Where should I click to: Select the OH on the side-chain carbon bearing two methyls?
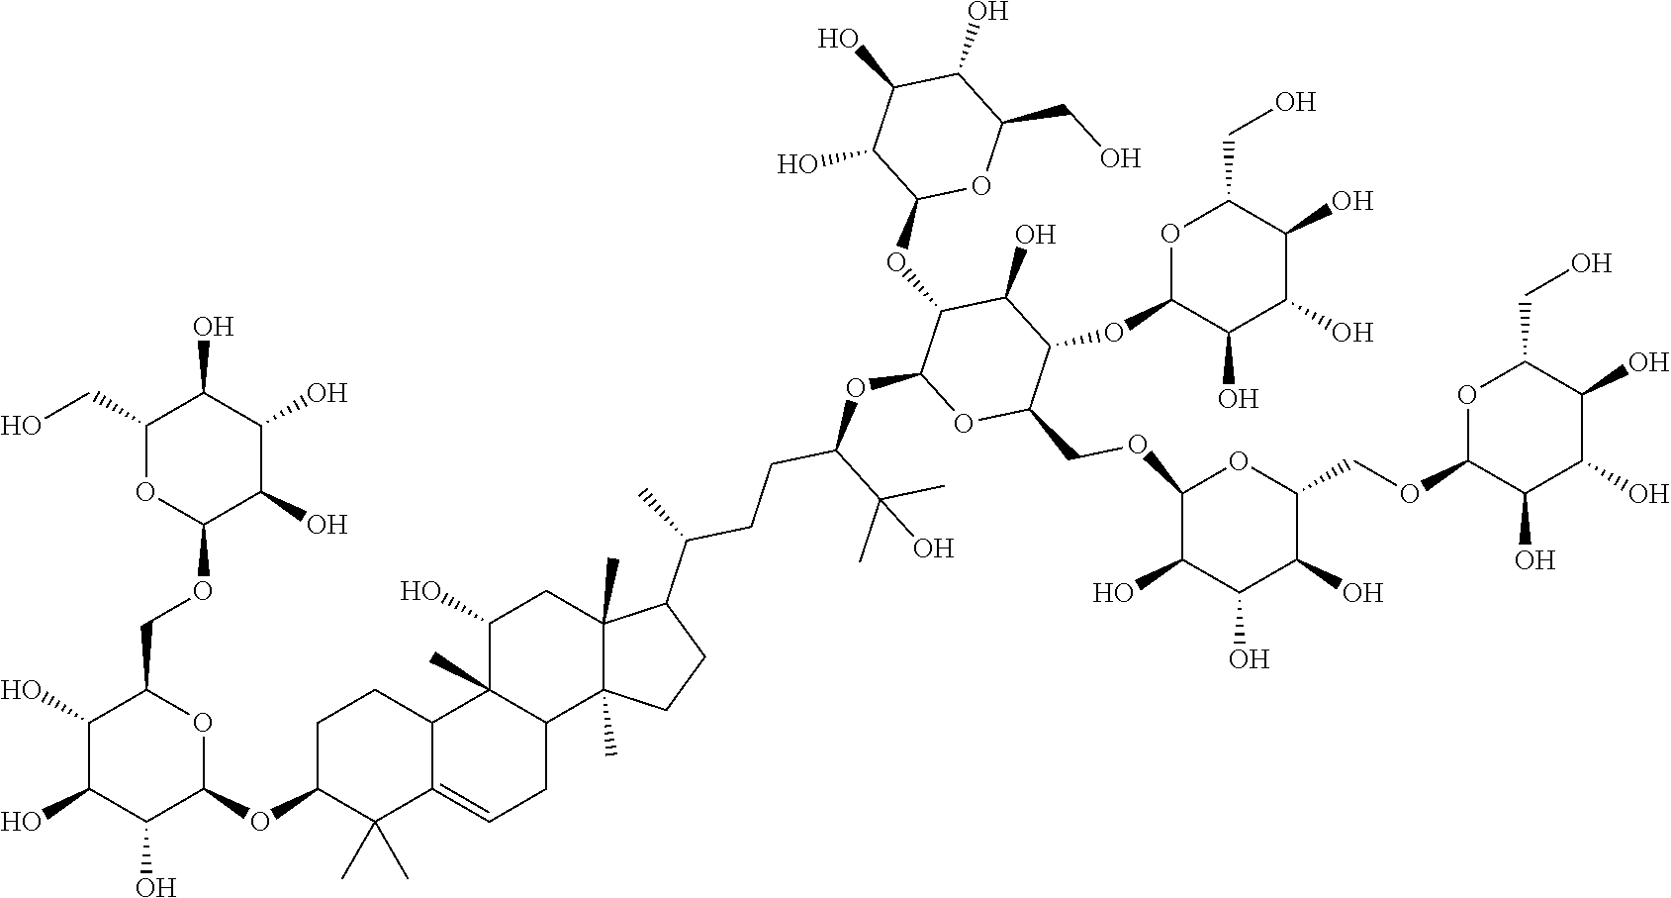click(x=932, y=548)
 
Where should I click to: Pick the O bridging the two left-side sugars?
click(x=203, y=591)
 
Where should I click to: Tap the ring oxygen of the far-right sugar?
click(x=1468, y=397)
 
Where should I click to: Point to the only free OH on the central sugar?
click(x=1035, y=236)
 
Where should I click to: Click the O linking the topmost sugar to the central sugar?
click(x=897, y=262)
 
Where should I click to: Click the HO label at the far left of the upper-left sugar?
click(x=22, y=427)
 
